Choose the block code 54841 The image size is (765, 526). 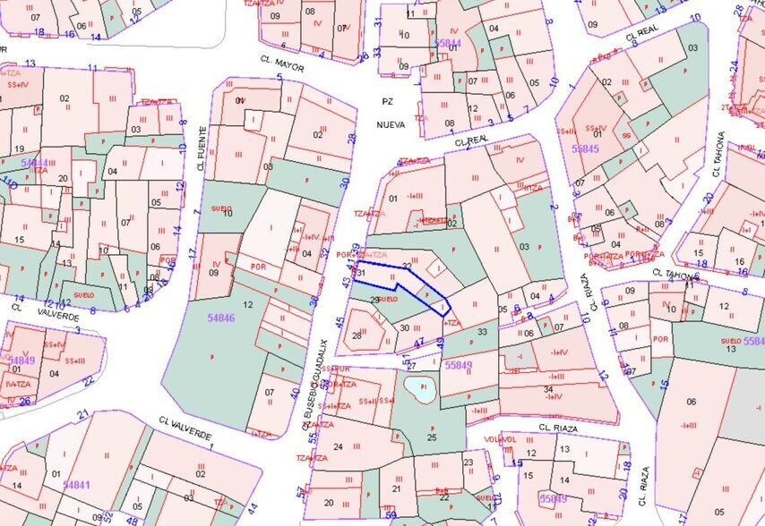(77, 484)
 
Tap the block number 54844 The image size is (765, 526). (35, 164)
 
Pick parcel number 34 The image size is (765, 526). (548, 388)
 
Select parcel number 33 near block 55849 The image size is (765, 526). (483, 332)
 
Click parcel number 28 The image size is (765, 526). (357, 335)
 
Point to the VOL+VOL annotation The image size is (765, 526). (501, 439)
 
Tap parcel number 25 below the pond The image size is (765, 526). (433, 437)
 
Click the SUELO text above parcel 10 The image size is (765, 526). (220, 208)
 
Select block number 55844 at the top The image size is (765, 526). (447, 43)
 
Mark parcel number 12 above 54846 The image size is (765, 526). (248, 306)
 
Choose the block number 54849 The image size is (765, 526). (22, 361)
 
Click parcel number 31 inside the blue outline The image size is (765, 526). (360, 272)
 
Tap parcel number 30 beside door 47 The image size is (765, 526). (404, 327)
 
